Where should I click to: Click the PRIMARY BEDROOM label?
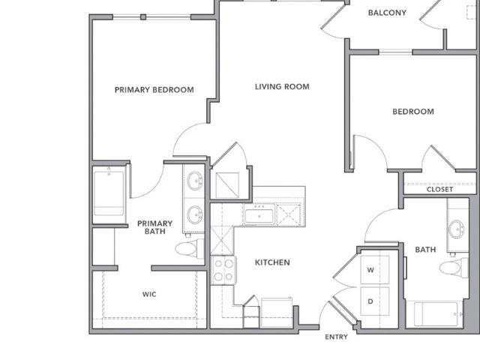(x=154, y=90)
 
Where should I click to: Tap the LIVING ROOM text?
(x=282, y=87)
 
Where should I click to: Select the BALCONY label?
(x=387, y=13)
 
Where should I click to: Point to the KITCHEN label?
(x=272, y=262)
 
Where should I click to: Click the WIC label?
(x=149, y=294)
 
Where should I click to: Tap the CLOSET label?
(x=439, y=190)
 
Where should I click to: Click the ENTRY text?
(x=336, y=337)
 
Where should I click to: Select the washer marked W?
(x=375, y=270)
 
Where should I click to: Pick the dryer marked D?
(x=375, y=301)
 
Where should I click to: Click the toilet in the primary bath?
(x=190, y=247)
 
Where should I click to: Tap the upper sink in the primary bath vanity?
(x=195, y=181)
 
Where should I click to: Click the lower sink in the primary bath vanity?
(x=195, y=214)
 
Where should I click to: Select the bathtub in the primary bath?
(x=109, y=193)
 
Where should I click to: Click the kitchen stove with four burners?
(x=223, y=271)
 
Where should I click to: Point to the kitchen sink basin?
(x=259, y=216)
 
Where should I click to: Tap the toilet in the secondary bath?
(x=454, y=267)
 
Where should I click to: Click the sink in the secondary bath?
(x=457, y=229)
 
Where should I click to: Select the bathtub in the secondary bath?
(x=436, y=314)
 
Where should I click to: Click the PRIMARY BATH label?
(x=155, y=227)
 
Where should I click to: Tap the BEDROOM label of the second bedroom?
(x=413, y=112)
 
